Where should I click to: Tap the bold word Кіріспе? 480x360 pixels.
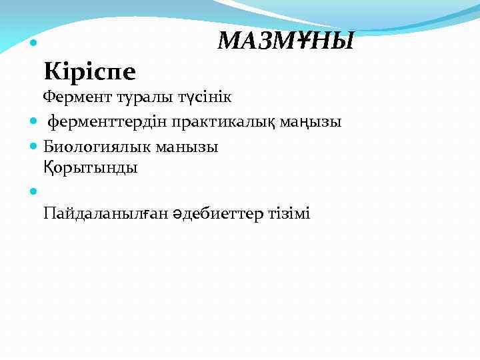pos(89,69)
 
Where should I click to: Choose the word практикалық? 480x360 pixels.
pos(227,122)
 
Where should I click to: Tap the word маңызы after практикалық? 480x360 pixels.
pos(315,122)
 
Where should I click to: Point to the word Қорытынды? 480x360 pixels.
pos(91,167)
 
